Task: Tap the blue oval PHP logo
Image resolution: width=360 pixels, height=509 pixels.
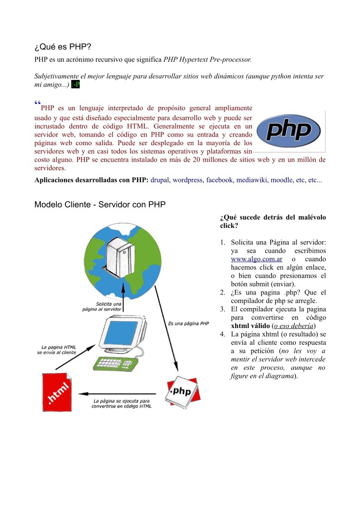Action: click(x=289, y=131)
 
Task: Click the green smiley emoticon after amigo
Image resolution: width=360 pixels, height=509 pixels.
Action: click(x=75, y=85)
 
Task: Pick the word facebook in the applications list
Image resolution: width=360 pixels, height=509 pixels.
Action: click(x=219, y=180)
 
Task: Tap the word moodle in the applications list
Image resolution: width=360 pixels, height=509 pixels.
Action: click(x=281, y=180)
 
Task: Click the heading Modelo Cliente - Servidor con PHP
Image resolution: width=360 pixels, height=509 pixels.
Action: click(x=100, y=205)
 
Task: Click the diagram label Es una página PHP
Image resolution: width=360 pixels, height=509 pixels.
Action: click(x=188, y=323)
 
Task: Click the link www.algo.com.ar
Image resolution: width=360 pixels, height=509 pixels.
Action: click(x=256, y=259)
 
